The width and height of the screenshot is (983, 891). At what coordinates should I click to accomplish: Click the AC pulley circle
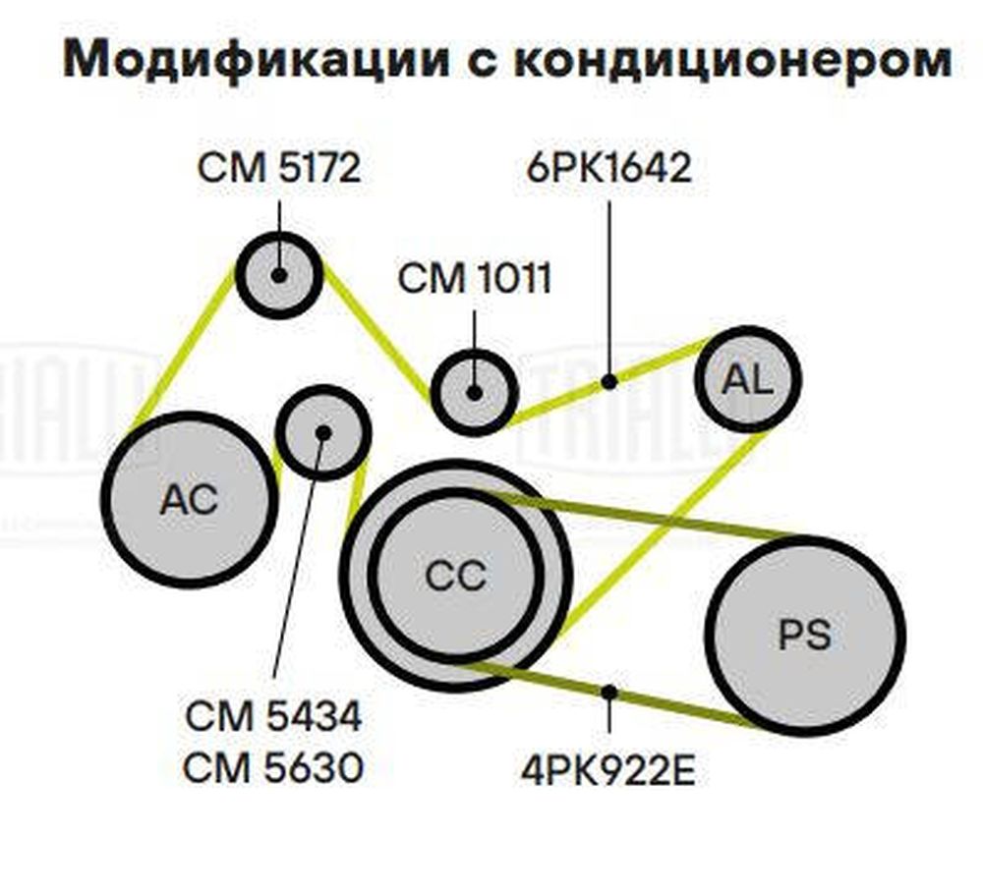pos(189,499)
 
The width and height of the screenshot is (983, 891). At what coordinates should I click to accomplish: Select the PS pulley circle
pos(805,636)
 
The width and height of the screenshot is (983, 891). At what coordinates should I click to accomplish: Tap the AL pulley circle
pos(748,379)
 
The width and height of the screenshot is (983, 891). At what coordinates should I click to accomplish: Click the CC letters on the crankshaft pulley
pos(456,576)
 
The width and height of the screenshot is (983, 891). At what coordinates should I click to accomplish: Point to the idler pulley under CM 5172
pos(279,275)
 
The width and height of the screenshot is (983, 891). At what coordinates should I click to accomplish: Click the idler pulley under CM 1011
pos(475,393)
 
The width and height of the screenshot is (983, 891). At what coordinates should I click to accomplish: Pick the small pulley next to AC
pos(323,433)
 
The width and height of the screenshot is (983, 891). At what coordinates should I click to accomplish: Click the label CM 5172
pos(279,168)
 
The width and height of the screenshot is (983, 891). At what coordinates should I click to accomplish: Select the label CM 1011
pos(475,278)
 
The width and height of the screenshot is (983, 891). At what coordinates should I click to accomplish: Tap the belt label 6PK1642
pos(609,167)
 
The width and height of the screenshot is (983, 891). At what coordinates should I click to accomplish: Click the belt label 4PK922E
pos(608,771)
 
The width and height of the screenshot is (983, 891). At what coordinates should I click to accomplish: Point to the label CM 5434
pos(273,715)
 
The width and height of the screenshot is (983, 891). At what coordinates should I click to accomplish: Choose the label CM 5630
pos(273,767)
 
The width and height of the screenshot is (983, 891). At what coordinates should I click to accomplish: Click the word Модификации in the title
pos(257,58)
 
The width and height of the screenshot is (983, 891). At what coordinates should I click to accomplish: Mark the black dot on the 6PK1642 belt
pos(608,381)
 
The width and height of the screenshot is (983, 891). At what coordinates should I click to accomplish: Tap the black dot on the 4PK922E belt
pos(608,693)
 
